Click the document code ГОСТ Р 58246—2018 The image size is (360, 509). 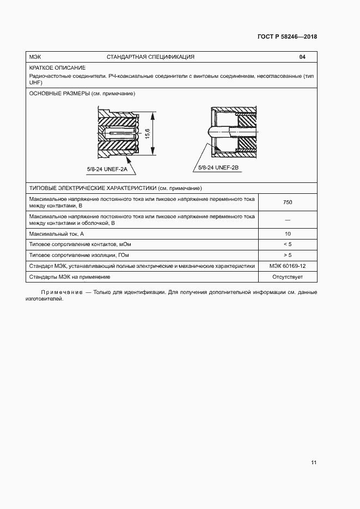[x=287, y=37]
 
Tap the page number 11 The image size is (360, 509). [x=314, y=463]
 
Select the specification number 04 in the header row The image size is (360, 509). [x=302, y=57]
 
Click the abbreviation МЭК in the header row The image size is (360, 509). [x=35, y=57]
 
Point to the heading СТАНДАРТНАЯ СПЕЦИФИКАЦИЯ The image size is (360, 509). [x=150, y=57]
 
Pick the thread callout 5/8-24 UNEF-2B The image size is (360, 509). [x=218, y=167]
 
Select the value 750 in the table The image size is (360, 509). [x=288, y=203]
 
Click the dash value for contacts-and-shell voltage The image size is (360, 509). [x=288, y=220]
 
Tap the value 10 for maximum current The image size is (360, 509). [x=288, y=234]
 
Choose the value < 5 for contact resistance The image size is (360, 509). [x=288, y=244]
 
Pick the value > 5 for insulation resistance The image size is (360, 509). [x=288, y=255]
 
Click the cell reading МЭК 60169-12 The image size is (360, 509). [x=288, y=266]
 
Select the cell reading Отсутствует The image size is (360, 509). [x=288, y=277]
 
